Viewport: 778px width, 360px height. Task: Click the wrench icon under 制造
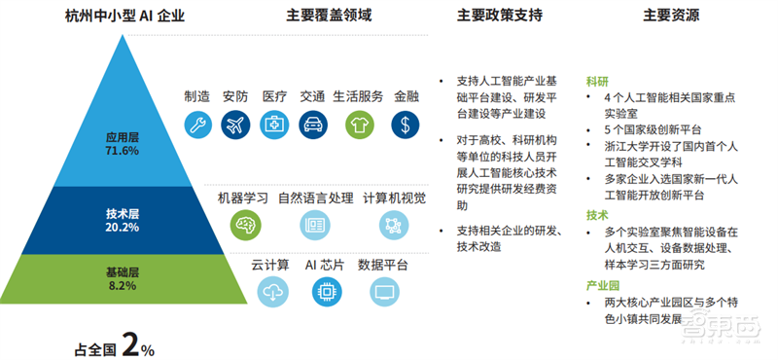click(197, 124)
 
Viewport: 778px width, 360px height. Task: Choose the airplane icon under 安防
click(235, 124)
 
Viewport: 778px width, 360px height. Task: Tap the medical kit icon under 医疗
click(274, 124)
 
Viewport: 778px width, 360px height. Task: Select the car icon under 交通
click(313, 124)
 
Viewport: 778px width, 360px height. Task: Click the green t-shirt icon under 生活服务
click(359, 124)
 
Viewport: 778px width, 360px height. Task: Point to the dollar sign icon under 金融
click(406, 124)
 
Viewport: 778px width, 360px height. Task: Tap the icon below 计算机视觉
click(394, 225)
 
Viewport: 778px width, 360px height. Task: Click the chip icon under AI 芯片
click(326, 291)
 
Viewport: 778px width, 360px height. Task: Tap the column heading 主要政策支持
click(500, 17)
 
